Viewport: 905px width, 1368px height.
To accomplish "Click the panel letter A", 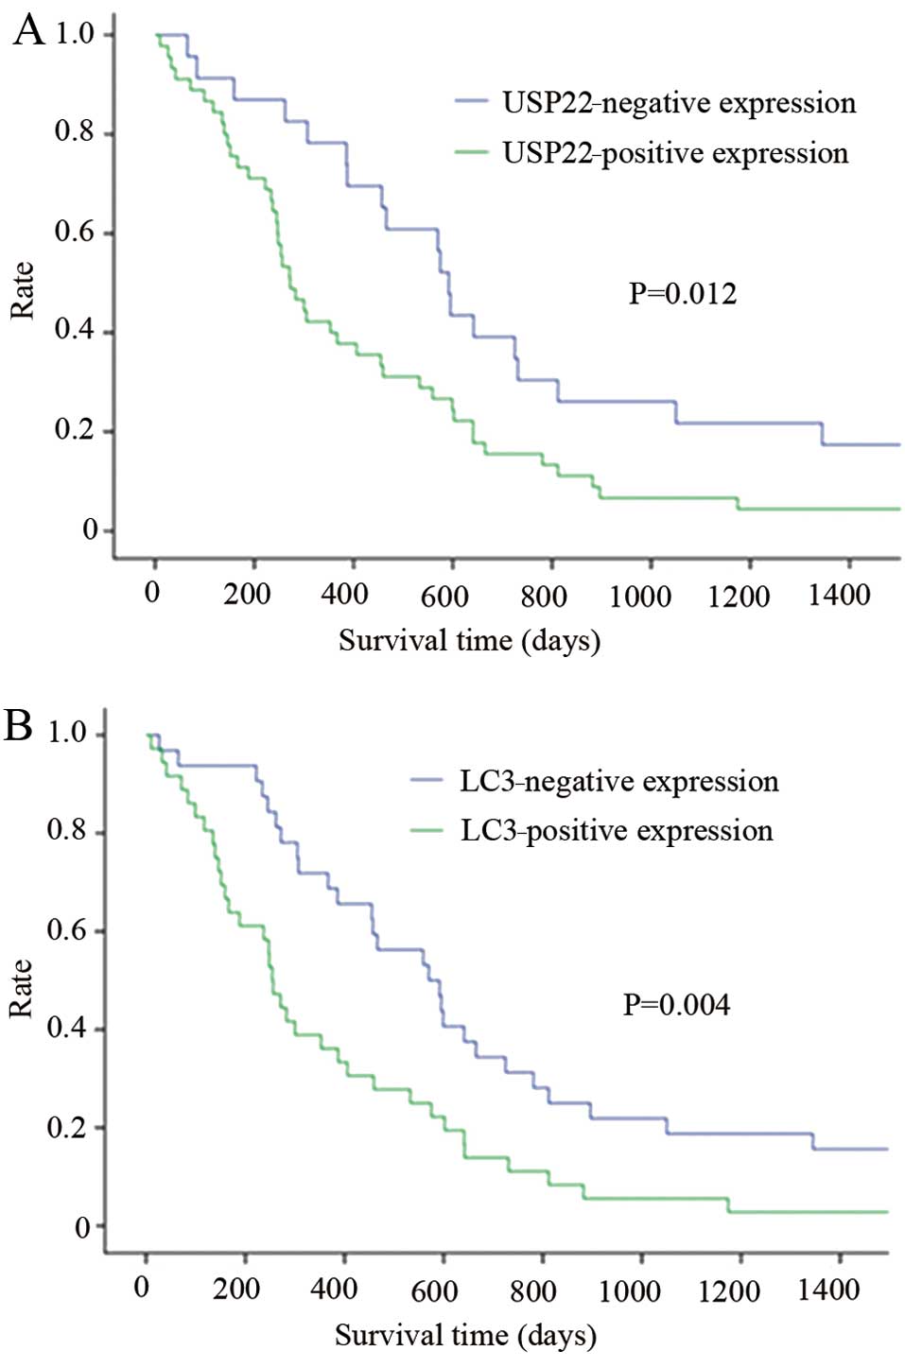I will click(x=28, y=30).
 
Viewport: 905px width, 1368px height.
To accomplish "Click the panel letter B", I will click(x=19, y=726).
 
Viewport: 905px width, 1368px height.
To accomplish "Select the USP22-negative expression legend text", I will click(x=678, y=102).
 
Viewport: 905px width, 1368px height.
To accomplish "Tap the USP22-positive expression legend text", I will click(x=674, y=153).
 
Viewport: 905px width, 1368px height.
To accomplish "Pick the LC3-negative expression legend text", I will click(x=618, y=781).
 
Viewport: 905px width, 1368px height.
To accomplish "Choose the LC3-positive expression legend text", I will click(x=616, y=831).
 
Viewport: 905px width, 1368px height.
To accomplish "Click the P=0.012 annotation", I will click(x=682, y=294).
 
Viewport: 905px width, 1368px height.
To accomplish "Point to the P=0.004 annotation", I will click(x=675, y=1004).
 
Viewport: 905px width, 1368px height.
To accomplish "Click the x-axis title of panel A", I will click(x=469, y=641).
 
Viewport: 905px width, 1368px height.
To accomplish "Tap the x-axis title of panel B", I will click(x=465, y=1335).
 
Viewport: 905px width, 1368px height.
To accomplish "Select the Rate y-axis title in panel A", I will click(x=22, y=290).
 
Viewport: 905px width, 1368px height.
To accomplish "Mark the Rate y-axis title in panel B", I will click(x=20, y=989).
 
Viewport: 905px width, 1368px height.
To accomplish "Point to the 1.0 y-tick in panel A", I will click(x=75, y=34).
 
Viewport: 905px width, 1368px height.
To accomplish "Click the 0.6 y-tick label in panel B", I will click(x=67, y=930).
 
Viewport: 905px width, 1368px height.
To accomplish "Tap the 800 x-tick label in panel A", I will click(x=544, y=597).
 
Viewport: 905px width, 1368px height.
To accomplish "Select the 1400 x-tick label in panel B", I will click(x=827, y=1290).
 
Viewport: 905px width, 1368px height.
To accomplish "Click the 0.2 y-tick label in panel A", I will click(x=75, y=430).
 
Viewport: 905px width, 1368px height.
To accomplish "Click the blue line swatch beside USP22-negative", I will click(x=471, y=101).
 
